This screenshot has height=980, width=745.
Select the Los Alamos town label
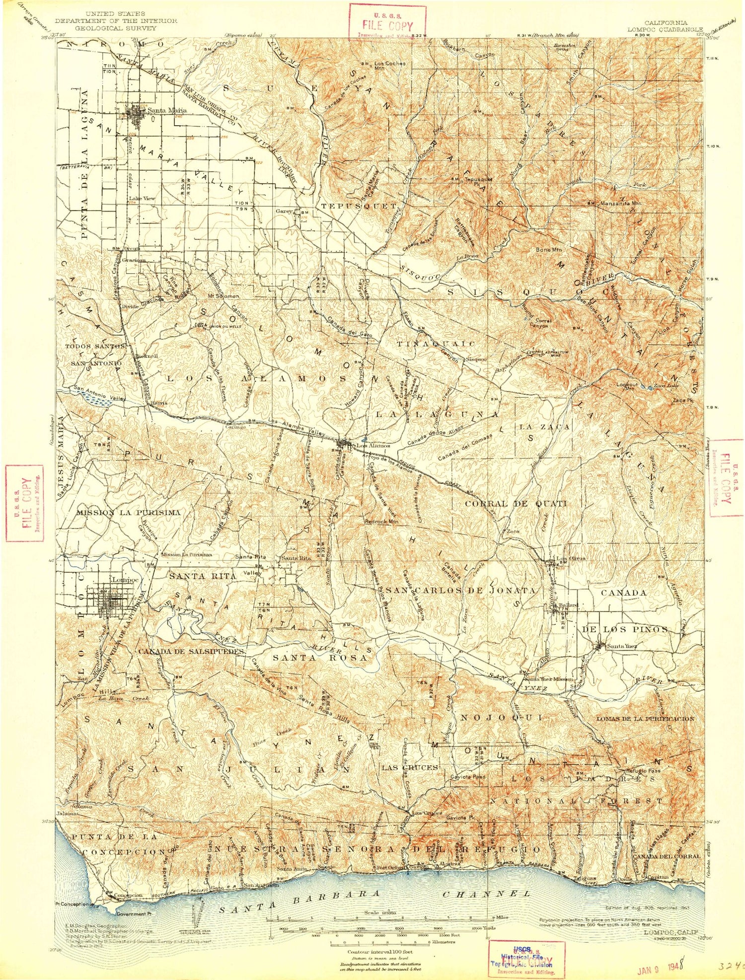(x=370, y=446)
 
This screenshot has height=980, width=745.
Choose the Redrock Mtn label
(x=381, y=522)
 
